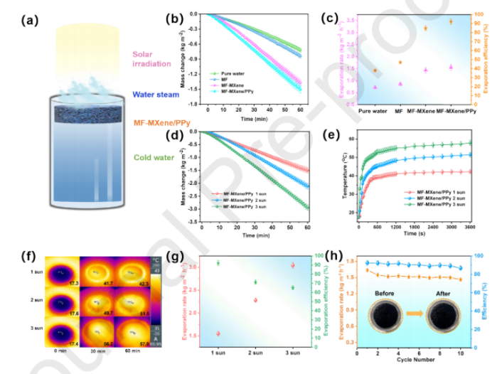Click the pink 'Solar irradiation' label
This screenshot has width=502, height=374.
[151, 59]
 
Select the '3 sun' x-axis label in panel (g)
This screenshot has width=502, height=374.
[293, 352]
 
